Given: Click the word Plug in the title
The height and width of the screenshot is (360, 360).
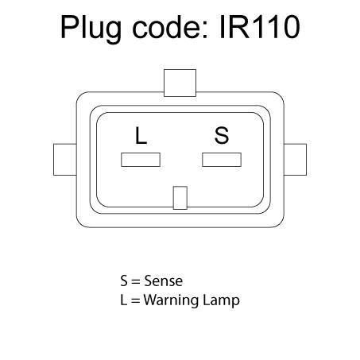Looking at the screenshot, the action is click(91, 29).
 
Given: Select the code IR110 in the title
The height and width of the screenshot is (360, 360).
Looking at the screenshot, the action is click(260, 27).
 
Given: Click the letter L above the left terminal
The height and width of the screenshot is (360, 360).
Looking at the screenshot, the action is click(141, 135).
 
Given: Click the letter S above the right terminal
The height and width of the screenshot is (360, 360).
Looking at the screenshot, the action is click(222, 135).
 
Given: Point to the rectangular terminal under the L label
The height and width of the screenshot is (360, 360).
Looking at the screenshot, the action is click(141, 160).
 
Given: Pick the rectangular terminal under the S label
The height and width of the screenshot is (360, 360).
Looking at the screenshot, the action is click(222, 160).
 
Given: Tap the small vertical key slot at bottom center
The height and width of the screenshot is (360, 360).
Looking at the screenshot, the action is click(180, 198).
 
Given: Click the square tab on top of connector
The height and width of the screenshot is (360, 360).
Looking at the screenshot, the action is click(180, 83).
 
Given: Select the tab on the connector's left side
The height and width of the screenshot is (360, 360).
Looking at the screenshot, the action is click(65, 160).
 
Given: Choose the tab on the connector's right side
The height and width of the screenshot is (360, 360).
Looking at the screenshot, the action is click(295, 160).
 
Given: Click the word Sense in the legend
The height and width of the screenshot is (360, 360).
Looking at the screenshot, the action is click(164, 281).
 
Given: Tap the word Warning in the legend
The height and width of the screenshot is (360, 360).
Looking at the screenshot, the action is click(171, 300).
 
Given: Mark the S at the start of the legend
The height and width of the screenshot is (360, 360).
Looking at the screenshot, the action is click(124, 281).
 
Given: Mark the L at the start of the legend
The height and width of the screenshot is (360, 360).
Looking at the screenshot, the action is click(123, 300).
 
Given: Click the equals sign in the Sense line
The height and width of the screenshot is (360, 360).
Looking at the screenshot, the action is click(135, 282).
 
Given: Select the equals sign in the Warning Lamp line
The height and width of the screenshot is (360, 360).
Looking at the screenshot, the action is click(135, 301).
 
